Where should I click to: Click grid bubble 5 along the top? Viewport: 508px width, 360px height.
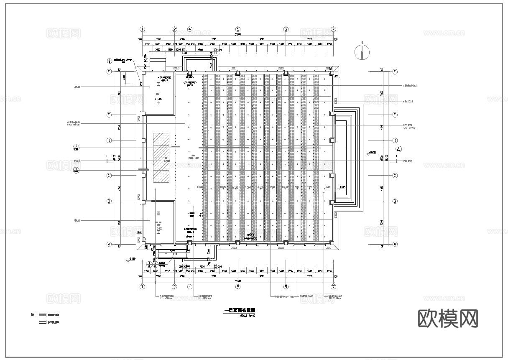pos(237,29)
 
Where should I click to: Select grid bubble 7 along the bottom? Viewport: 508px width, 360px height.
pos(333,287)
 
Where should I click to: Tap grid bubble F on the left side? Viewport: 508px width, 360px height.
pos(109,72)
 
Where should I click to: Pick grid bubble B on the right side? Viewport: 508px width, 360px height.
pos(395,201)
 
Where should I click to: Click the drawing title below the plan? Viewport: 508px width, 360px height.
pos(239,311)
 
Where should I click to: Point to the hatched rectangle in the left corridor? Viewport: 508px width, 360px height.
pos(161,157)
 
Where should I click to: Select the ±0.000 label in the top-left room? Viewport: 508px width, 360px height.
pos(158,99)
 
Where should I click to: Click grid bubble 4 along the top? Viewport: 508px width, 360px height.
pos(190,29)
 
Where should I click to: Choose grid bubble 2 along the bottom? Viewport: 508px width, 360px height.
pos(174,287)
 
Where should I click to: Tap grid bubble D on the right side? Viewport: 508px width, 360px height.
pos(395,140)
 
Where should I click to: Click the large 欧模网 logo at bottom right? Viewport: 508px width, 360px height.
pos(448,319)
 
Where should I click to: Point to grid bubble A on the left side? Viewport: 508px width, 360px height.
pos(109,245)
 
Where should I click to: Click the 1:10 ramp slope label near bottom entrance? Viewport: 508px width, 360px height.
pos(174,254)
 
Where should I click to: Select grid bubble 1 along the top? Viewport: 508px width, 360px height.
pos(143,29)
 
